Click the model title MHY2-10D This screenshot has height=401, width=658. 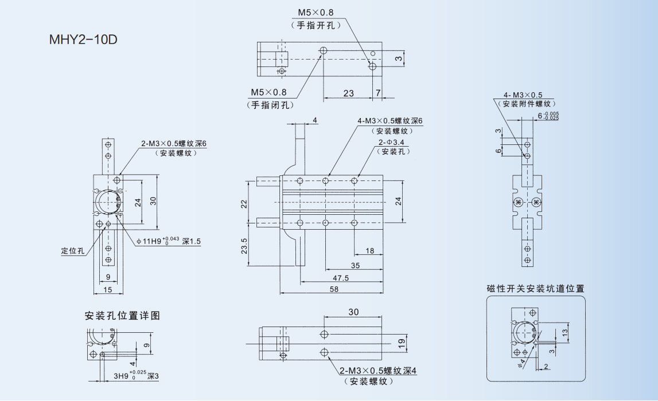tap(83, 41)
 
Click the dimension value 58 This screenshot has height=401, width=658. tap(334, 289)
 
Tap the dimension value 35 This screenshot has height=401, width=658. tap(355, 265)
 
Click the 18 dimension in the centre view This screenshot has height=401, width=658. tap(369, 251)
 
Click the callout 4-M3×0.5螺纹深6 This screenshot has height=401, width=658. tap(390, 121)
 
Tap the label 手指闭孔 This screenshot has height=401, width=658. tap(270, 105)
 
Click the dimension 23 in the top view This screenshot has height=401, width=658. tap(348, 93)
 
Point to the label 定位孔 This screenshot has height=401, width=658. tap(73, 251)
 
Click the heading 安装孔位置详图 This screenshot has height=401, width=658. tap(122, 316)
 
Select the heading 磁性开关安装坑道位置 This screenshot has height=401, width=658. tap(535, 289)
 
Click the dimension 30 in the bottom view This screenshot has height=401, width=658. tap(353, 312)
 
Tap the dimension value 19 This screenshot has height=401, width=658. tap(402, 343)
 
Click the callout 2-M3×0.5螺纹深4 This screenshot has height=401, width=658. tap(377, 371)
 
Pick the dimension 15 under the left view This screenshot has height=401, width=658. tap(107, 290)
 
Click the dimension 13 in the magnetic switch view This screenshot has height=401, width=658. tap(564, 332)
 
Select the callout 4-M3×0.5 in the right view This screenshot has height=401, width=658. tap(523, 95)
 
